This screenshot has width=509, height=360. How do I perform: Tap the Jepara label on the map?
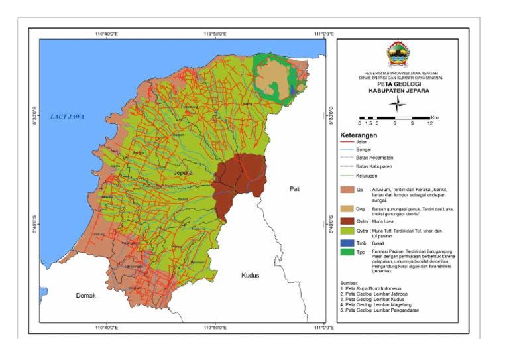[182, 173]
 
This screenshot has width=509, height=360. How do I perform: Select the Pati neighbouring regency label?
[295, 189]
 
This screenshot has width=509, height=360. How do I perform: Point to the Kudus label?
[250, 275]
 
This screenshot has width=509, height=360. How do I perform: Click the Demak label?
[85, 296]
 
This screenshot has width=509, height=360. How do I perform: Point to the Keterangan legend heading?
[358, 135]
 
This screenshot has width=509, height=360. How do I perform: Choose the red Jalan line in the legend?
[347, 141]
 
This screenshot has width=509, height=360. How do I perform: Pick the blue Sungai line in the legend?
[347, 150]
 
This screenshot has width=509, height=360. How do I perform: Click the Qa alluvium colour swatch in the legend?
[347, 190]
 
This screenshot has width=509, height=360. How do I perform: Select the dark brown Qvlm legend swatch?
[347, 221]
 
